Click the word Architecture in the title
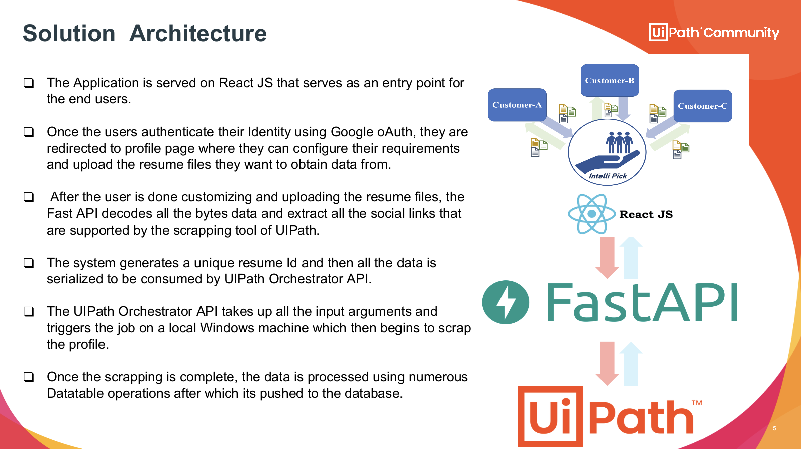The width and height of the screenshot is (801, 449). coord(197,34)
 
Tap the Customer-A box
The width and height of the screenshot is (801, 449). coord(517,105)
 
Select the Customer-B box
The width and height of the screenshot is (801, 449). coord(610,80)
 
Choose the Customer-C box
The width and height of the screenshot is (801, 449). coord(703,106)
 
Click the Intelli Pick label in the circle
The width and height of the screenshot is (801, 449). coord(608,176)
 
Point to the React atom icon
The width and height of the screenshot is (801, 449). coord(591,214)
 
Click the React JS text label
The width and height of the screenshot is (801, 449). coord(646,214)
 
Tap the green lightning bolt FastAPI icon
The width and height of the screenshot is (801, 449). coord(506,302)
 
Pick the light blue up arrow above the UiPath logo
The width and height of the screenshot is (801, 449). coord(631,363)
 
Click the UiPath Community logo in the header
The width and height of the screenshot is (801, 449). coord(714,33)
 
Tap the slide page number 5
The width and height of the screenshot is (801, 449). coord(774,428)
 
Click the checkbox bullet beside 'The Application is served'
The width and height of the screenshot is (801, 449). coord(29,83)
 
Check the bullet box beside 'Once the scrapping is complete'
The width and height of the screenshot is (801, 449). coord(29,377)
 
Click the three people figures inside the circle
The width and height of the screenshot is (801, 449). coord(619,142)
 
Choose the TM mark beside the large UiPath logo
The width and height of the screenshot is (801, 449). coord(697,403)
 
